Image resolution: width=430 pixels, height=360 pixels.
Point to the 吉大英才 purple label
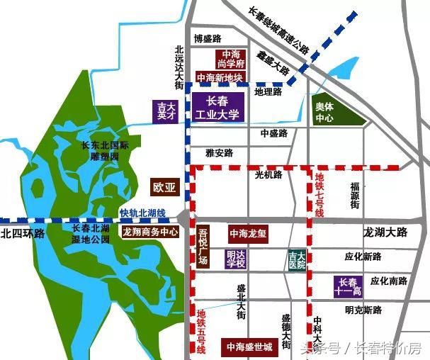click(165, 112)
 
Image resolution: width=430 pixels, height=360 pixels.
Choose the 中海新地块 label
click(220, 77)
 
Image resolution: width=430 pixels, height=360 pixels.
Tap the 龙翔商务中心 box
click(150, 232)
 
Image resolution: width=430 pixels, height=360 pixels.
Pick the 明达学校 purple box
click(235, 259)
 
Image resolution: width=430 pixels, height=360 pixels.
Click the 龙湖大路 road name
click(387, 232)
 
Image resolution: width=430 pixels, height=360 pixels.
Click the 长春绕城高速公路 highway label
click(279, 30)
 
